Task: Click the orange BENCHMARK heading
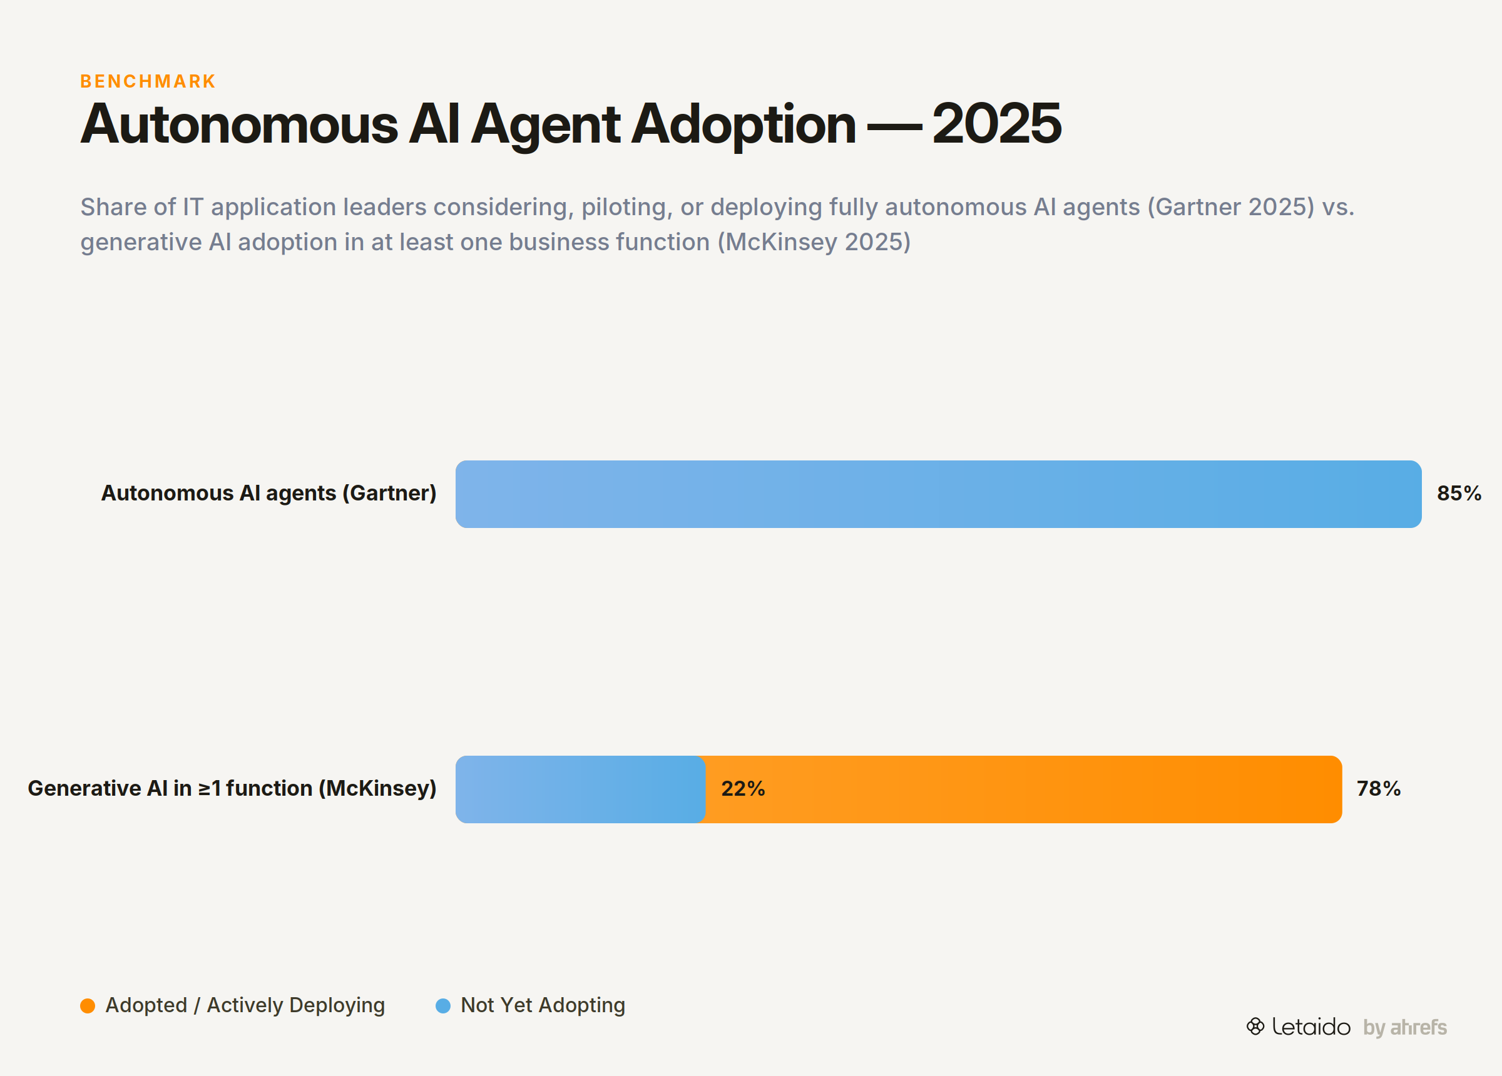(x=148, y=81)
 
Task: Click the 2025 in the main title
(x=997, y=124)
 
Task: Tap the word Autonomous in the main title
(x=239, y=124)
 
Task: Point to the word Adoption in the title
(x=743, y=126)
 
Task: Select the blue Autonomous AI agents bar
(x=938, y=494)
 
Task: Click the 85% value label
(x=1459, y=494)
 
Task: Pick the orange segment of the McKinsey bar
(x=1023, y=789)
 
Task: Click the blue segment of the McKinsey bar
(x=580, y=789)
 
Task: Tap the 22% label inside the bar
(x=743, y=789)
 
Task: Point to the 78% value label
(x=1379, y=789)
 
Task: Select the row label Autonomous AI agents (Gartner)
(x=269, y=494)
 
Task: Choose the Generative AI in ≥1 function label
(x=232, y=789)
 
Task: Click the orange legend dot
(x=88, y=1006)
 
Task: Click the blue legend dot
(x=443, y=1006)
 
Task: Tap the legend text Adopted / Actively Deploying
(x=245, y=1006)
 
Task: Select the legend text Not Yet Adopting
(x=543, y=1006)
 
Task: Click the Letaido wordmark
(x=1311, y=1027)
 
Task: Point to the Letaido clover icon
(x=1255, y=1027)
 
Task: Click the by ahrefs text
(x=1404, y=1028)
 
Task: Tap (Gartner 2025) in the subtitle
(x=1231, y=207)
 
